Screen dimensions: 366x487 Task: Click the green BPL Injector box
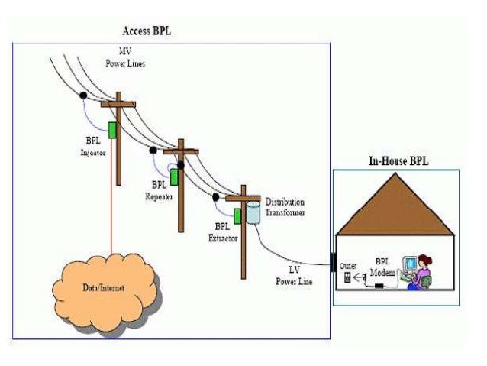tap(111, 131)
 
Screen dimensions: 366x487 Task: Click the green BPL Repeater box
tap(174, 177)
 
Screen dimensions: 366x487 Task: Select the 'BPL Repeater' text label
tap(159, 190)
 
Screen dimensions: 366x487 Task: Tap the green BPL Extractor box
tap(238, 216)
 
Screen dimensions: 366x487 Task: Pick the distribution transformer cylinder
tap(253, 212)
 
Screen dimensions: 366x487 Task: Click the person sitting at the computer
tap(420, 272)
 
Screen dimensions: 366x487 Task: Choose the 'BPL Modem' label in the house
tap(381, 267)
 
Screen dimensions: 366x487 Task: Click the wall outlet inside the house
tap(348, 278)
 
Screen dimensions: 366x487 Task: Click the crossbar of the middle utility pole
tap(180, 151)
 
